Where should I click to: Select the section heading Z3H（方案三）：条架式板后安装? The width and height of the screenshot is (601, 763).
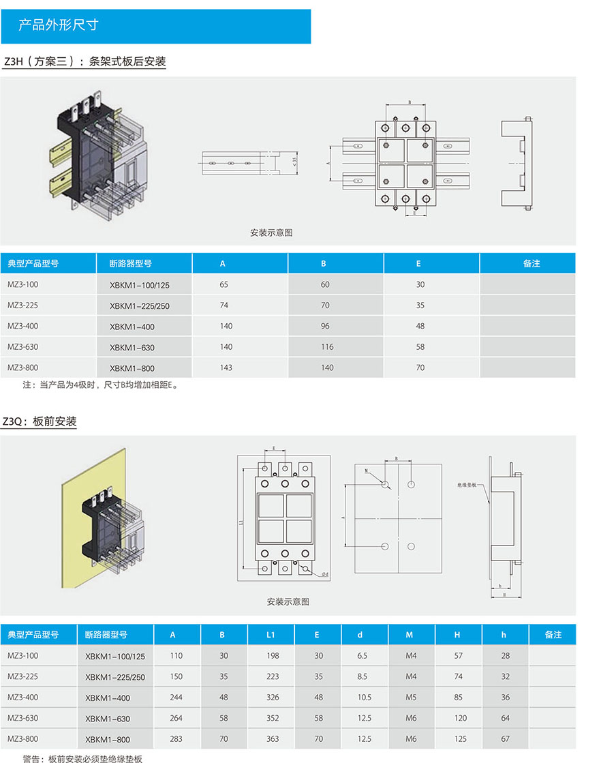(84, 61)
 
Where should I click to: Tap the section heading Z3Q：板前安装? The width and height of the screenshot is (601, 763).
(40, 422)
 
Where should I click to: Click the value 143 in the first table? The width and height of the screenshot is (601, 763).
(226, 368)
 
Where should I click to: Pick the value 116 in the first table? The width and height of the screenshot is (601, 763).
(327, 347)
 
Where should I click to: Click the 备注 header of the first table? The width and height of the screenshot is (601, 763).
(531, 263)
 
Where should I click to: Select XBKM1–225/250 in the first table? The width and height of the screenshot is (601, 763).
(139, 306)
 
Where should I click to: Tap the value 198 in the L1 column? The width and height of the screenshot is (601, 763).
(271, 656)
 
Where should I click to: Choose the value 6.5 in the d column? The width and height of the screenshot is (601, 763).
(362, 656)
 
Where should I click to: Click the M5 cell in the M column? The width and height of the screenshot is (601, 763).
(411, 698)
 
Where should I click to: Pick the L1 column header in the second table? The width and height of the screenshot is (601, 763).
(271, 635)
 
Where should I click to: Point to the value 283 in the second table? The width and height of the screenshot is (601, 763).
(176, 739)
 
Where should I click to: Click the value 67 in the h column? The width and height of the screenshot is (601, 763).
(505, 739)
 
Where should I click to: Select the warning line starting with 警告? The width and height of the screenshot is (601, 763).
(82, 758)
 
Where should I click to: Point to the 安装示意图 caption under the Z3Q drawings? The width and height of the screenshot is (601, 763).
(288, 602)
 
